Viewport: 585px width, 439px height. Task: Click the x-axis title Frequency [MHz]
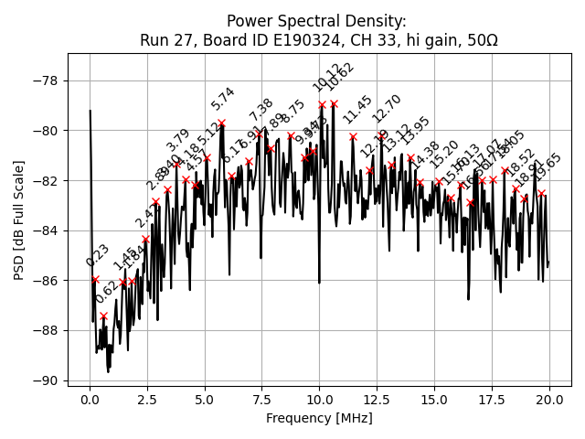pos(319,418)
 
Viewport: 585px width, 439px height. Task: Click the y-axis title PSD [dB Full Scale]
pos(18,219)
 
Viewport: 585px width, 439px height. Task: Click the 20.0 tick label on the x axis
pos(548,400)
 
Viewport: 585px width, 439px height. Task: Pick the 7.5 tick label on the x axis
pos(261,400)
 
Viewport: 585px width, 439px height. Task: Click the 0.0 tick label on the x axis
pos(90,400)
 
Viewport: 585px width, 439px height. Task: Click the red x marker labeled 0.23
pos(95,280)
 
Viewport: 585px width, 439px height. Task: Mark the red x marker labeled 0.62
pos(103,316)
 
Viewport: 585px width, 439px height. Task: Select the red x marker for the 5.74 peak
pos(221,123)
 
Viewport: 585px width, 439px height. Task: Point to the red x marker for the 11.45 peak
pos(353,136)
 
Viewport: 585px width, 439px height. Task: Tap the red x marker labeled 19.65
pos(541,193)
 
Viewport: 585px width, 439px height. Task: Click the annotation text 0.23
pos(98,255)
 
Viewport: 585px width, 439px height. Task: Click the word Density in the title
pos(373,21)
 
